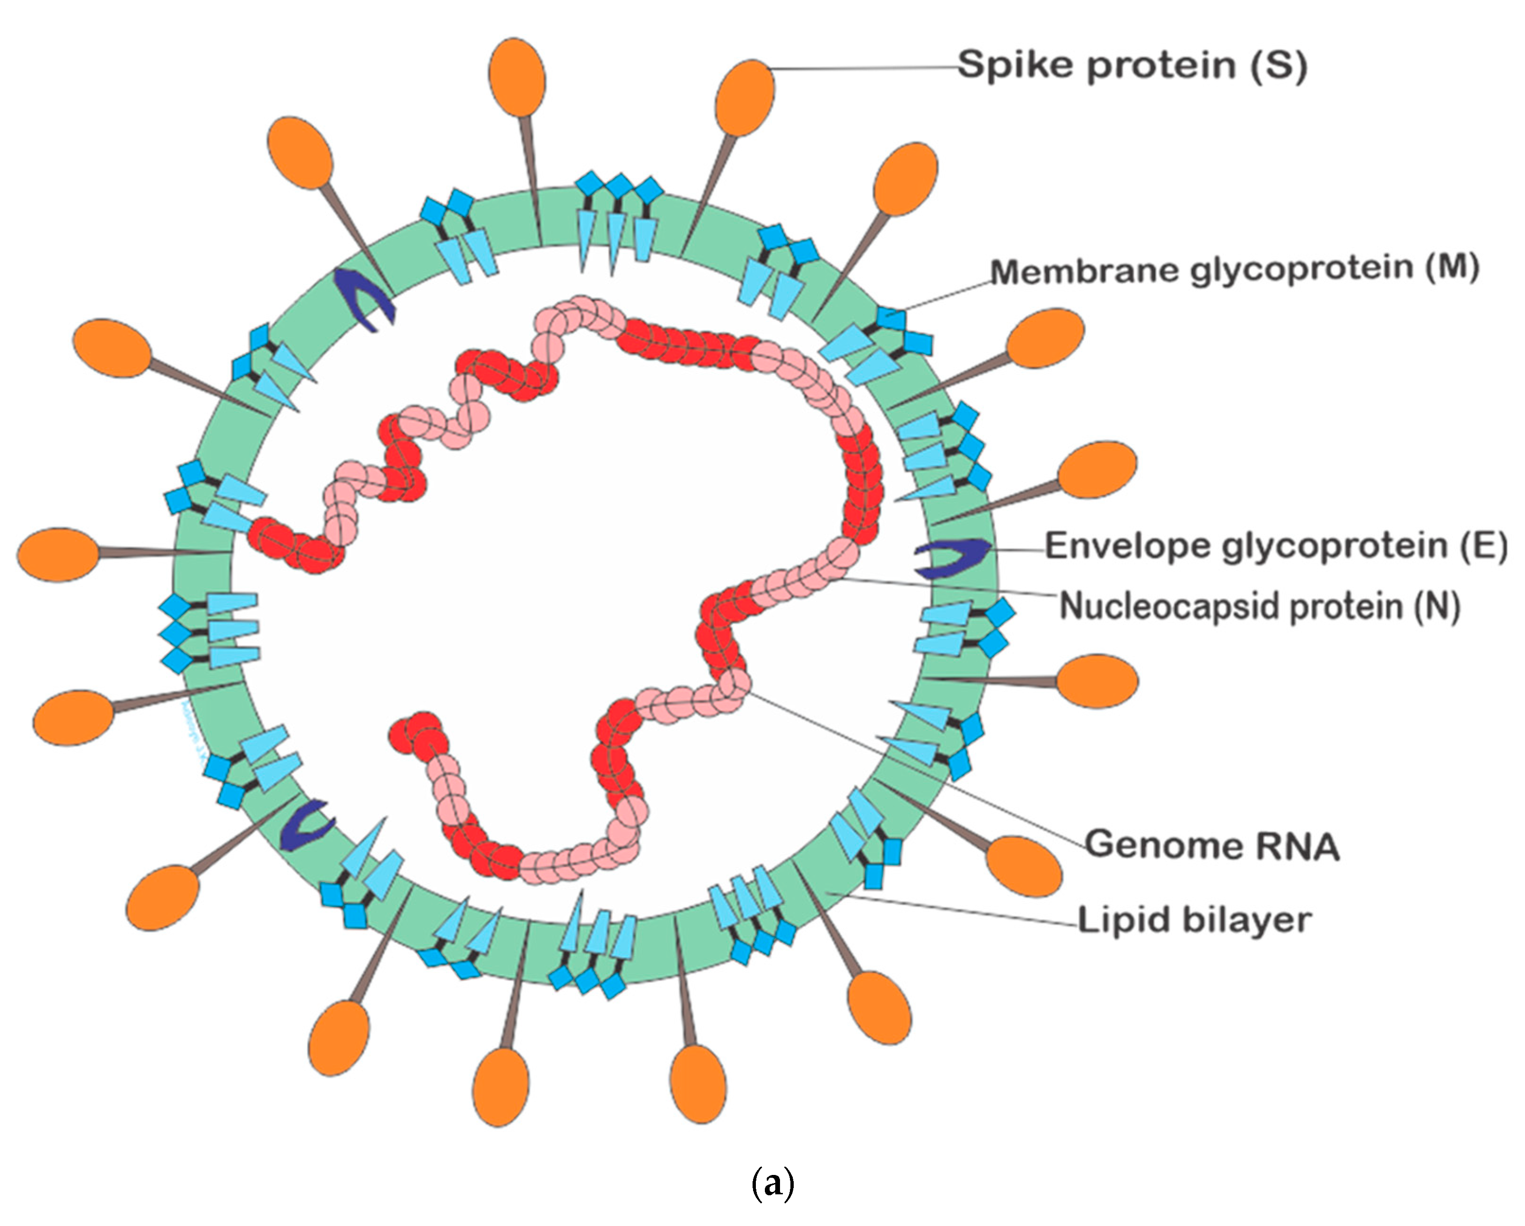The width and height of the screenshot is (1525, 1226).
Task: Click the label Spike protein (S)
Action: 1132,66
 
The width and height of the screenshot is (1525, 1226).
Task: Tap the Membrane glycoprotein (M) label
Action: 1234,270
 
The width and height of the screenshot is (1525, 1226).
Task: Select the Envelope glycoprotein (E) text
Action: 1277,546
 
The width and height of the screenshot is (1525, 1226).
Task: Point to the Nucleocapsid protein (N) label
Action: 1259,607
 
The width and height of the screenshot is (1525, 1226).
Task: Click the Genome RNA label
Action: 1212,845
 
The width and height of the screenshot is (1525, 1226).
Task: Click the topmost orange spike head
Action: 517,77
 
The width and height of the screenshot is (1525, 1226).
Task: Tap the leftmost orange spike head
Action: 58,555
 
